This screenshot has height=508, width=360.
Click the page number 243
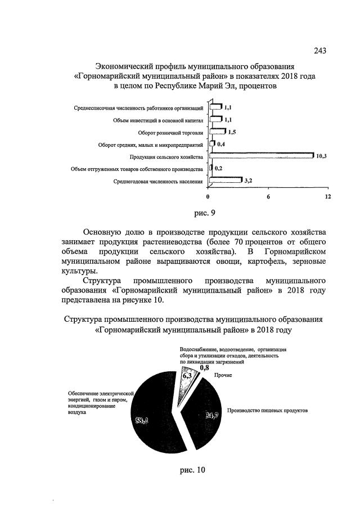coord(320,52)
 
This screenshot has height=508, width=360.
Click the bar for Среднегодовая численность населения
coord(225,181)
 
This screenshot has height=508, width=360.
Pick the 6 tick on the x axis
coord(268,197)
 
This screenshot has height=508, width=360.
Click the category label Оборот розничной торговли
coord(171,133)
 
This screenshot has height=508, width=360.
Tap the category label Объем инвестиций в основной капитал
coord(158,120)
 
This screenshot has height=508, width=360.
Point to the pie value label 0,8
coord(197,367)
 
